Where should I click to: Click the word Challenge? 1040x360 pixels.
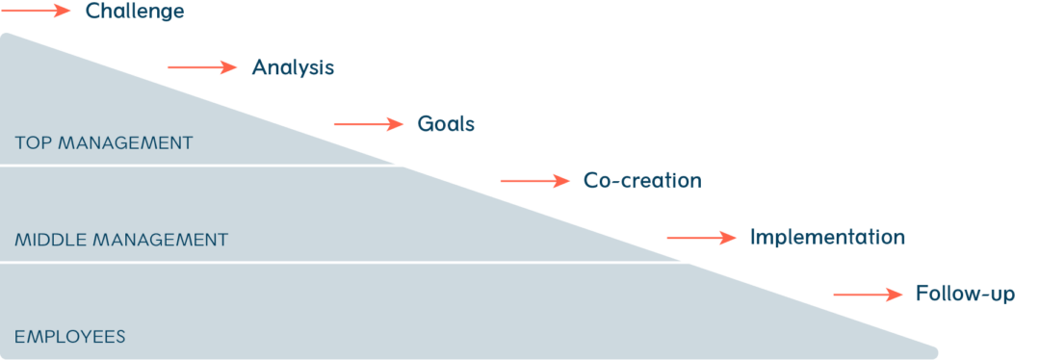135,12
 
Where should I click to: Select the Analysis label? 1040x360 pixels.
293,67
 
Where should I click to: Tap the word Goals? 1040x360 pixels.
446,124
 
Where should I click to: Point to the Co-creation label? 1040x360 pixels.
642,180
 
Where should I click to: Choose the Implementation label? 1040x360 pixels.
827,237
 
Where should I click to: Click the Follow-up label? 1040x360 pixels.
965,294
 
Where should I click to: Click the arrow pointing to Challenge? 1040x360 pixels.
36,11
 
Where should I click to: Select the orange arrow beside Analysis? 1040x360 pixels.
202,66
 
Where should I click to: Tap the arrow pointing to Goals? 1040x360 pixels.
369,123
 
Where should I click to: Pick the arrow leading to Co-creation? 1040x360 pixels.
535,180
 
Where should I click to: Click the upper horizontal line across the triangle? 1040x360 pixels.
193,166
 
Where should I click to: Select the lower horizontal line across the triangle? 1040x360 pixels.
337,261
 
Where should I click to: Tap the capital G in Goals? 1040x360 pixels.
425,124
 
